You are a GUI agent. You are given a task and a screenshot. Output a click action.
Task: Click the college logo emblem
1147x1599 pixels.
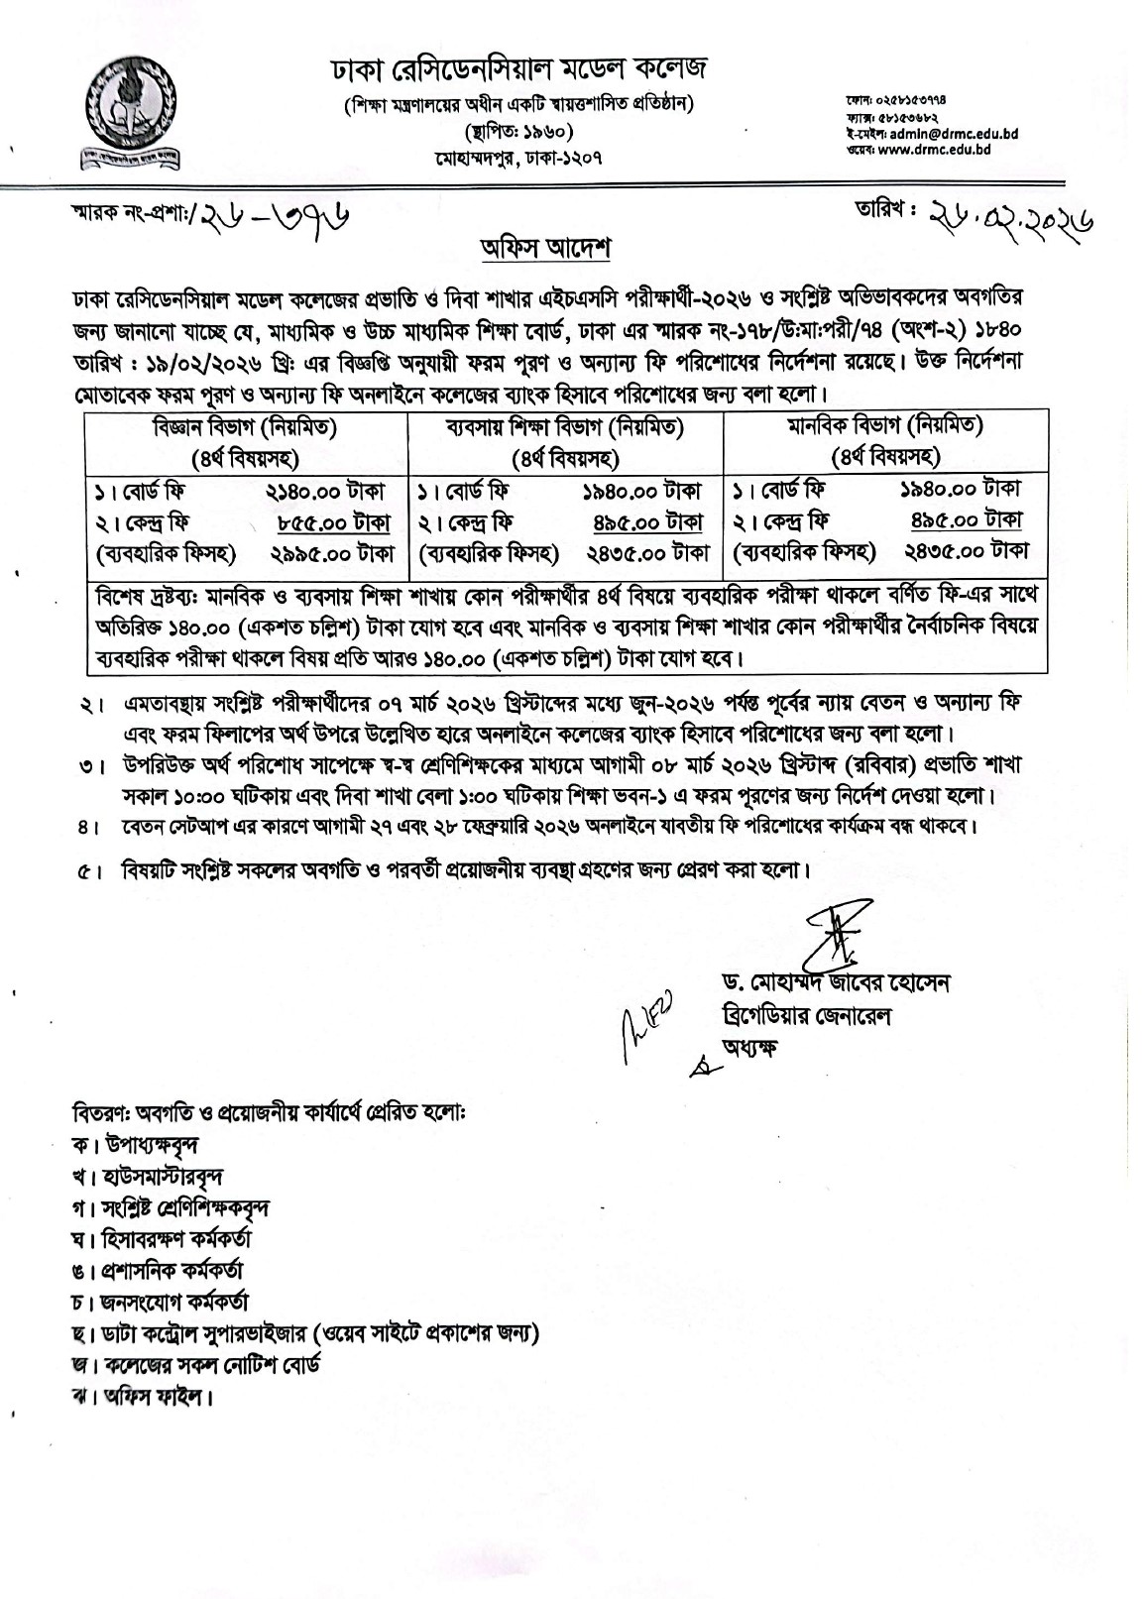pyautogui.click(x=126, y=113)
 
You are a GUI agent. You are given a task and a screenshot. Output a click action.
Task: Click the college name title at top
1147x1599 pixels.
pyautogui.click(x=519, y=71)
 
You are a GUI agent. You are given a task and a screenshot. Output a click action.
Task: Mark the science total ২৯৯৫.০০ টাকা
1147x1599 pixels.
pyautogui.click(x=330, y=552)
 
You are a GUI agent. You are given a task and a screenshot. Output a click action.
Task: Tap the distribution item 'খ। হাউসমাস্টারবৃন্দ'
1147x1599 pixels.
pyautogui.click(x=148, y=1177)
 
